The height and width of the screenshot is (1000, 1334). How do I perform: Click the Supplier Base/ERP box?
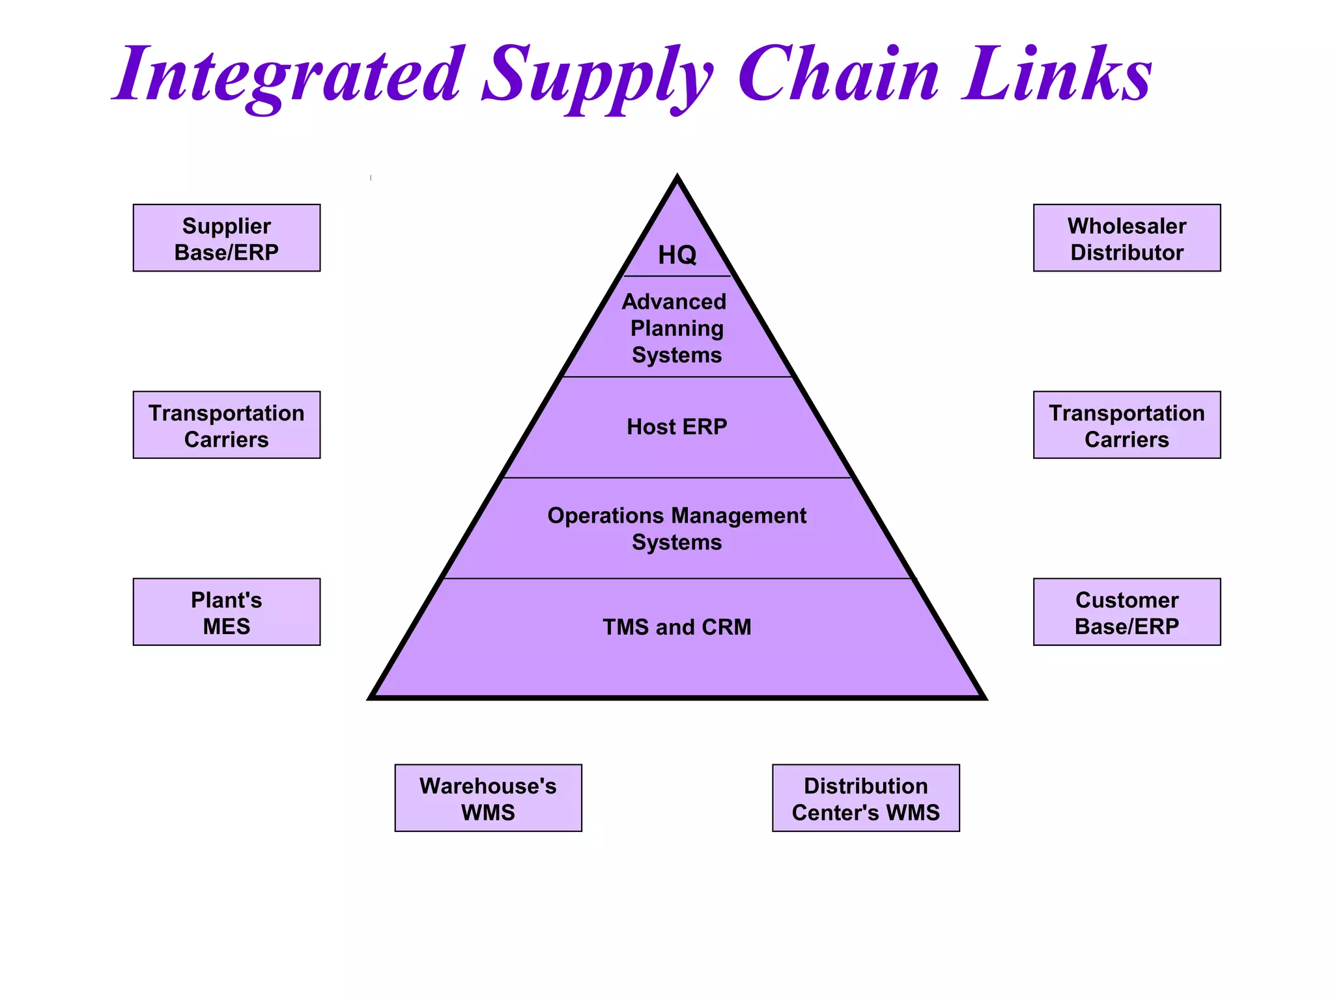(x=226, y=238)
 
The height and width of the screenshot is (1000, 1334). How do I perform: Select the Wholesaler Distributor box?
(x=1126, y=238)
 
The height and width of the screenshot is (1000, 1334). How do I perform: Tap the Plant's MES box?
(x=226, y=612)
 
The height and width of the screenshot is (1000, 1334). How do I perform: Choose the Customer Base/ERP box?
(x=1126, y=612)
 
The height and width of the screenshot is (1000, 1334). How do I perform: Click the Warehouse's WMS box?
(x=488, y=798)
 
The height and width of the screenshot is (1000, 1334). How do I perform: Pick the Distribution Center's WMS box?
(x=866, y=798)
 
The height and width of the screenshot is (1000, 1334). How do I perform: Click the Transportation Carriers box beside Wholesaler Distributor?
(x=1126, y=425)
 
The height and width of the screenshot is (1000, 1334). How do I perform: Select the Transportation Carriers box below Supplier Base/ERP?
(x=226, y=425)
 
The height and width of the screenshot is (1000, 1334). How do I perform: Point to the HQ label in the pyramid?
(x=677, y=255)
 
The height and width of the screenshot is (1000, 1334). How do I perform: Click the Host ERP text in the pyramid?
(x=677, y=427)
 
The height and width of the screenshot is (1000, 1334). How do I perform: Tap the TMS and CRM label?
(x=677, y=627)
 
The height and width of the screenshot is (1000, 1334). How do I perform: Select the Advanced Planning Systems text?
(x=676, y=328)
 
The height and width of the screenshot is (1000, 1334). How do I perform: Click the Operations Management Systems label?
(x=677, y=529)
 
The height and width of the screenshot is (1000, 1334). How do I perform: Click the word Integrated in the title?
(x=290, y=75)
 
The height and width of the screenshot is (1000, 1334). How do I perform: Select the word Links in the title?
(x=1057, y=75)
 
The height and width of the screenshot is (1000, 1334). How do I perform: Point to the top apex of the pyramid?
(x=677, y=178)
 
